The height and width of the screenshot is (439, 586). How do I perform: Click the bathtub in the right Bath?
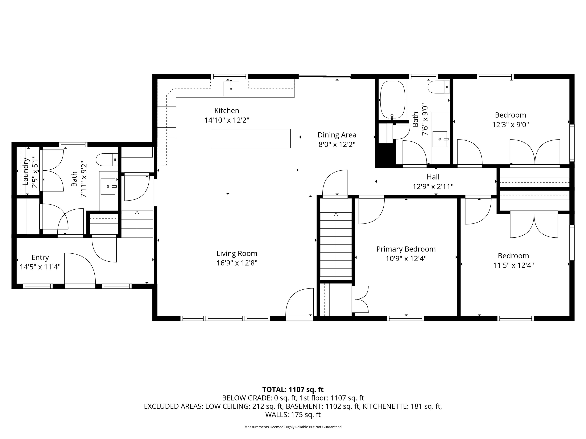(393, 100)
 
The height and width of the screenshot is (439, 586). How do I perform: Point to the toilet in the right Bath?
(438, 87)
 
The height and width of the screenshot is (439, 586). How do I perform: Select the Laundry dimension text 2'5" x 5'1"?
(35, 171)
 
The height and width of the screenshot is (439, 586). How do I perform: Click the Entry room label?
(40, 257)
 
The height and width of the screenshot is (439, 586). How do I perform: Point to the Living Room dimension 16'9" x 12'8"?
(237, 263)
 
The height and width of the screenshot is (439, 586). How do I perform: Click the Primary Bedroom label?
(406, 249)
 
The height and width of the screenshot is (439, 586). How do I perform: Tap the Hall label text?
(433, 177)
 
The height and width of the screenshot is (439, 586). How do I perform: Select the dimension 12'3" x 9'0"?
(510, 125)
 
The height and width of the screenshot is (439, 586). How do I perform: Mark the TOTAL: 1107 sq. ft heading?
(293, 389)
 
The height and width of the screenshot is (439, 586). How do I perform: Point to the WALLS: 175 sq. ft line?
(293, 415)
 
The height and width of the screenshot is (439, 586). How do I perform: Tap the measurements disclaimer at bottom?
(293, 427)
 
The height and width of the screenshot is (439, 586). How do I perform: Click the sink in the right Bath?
(439, 139)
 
